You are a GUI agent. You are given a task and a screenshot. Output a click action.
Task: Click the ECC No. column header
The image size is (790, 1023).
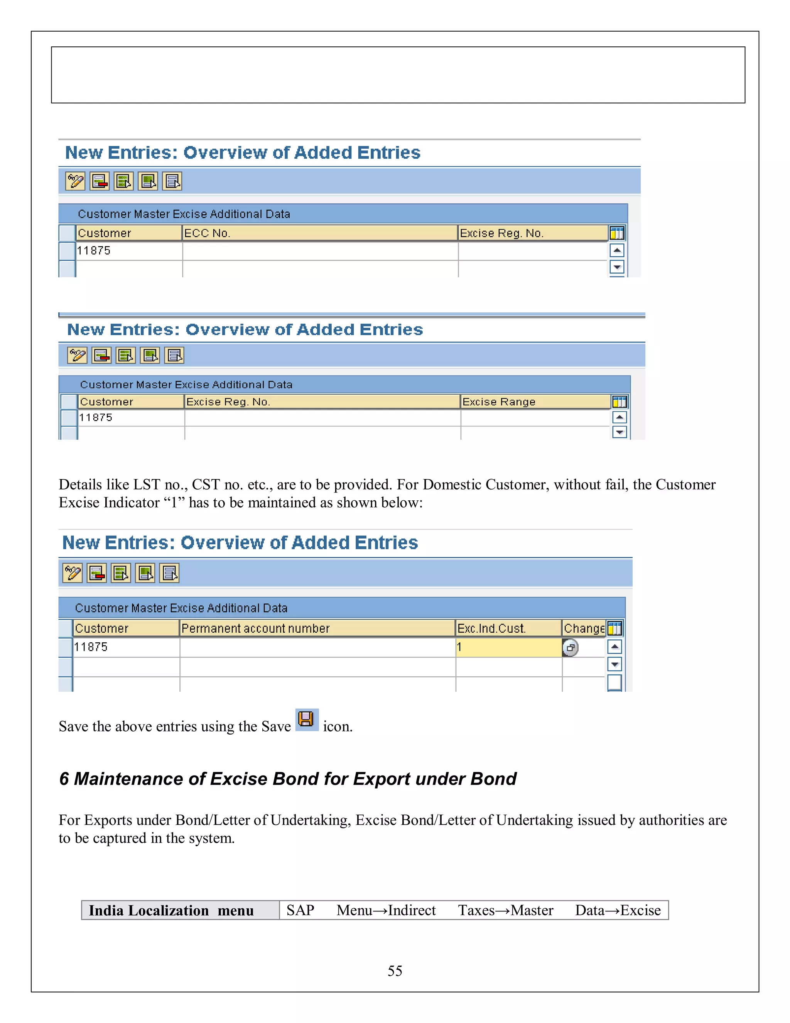coord(319,233)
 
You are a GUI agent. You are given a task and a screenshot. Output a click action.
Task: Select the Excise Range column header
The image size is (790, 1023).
coord(535,402)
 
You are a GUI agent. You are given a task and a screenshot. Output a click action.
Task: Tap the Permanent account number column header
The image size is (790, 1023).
coord(317,628)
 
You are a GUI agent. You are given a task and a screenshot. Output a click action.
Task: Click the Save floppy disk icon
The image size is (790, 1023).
coord(307,720)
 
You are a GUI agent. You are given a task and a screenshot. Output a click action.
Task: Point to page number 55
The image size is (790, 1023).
coord(395,970)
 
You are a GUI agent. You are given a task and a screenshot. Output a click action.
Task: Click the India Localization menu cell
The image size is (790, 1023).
coord(180,910)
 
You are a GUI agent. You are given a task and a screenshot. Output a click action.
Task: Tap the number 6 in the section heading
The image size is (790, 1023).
coord(64,779)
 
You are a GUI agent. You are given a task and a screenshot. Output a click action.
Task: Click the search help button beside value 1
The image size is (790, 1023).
coord(570,648)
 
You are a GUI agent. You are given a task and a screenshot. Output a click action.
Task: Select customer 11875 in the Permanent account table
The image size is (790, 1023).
coord(91,647)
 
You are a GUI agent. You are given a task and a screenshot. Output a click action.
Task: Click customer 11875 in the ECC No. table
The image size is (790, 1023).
coord(94,251)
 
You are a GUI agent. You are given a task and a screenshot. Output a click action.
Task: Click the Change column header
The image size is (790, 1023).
coord(584,628)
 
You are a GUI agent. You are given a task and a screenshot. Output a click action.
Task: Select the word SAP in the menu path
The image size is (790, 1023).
coord(300,910)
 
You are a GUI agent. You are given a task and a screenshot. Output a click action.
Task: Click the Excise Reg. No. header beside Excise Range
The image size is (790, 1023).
coord(322,402)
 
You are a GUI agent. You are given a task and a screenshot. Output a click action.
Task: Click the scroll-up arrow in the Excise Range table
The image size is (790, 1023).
coord(619,417)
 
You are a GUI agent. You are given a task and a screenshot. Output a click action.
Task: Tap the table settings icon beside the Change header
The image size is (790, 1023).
coord(614,628)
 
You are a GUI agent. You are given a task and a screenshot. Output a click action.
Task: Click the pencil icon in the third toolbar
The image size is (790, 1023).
coord(73,573)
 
